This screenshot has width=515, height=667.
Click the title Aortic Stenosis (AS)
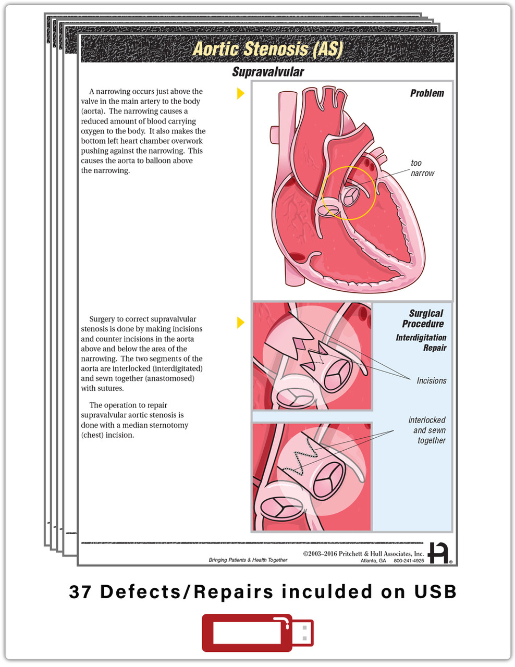[x=267, y=49]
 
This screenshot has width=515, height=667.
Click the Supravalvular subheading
[x=267, y=72]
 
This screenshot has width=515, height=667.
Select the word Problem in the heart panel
[x=426, y=93]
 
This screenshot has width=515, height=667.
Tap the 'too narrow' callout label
[x=422, y=168]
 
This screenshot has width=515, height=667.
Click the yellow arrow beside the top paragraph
[x=240, y=93]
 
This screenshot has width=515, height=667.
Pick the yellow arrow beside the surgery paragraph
[x=240, y=323]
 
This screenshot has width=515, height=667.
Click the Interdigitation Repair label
[x=421, y=342]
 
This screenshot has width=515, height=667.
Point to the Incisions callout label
[x=431, y=381]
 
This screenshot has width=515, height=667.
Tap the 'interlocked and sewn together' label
[x=428, y=430]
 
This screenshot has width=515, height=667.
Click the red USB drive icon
[x=257, y=633]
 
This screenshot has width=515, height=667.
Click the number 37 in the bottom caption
[x=81, y=592]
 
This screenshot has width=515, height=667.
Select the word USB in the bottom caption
[x=435, y=592]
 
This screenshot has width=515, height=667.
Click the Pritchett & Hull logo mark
[x=438, y=553]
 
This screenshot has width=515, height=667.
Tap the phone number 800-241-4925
[x=409, y=561]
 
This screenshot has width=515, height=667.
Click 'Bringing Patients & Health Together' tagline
[x=248, y=560]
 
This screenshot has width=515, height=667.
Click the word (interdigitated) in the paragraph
[x=176, y=368]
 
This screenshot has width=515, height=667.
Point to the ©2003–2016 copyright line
[x=363, y=553]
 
